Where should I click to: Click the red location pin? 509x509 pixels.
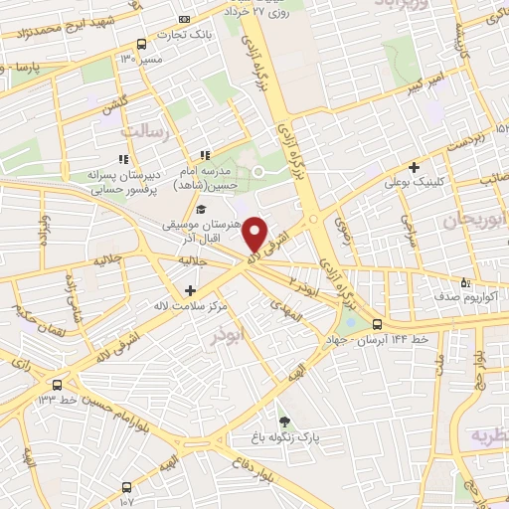click(x=255, y=234)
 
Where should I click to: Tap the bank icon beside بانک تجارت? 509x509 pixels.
click(x=182, y=19)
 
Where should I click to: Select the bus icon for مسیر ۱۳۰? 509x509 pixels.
click(x=142, y=45)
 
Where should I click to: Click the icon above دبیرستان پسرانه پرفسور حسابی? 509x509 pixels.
click(x=123, y=158)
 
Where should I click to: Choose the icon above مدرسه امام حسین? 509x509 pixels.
click(x=205, y=154)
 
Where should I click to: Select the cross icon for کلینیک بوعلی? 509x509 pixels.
click(x=414, y=167)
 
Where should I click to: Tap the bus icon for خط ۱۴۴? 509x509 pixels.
click(x=377, y=324)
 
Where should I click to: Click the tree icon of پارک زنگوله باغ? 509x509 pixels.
click(x=284, y=422)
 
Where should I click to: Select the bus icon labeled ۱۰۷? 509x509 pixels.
click(x=126, y=487)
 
